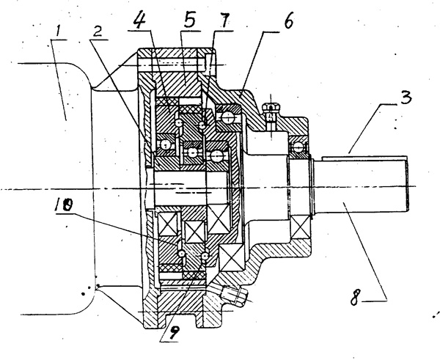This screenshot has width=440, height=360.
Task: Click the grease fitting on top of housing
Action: click(272, 114)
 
